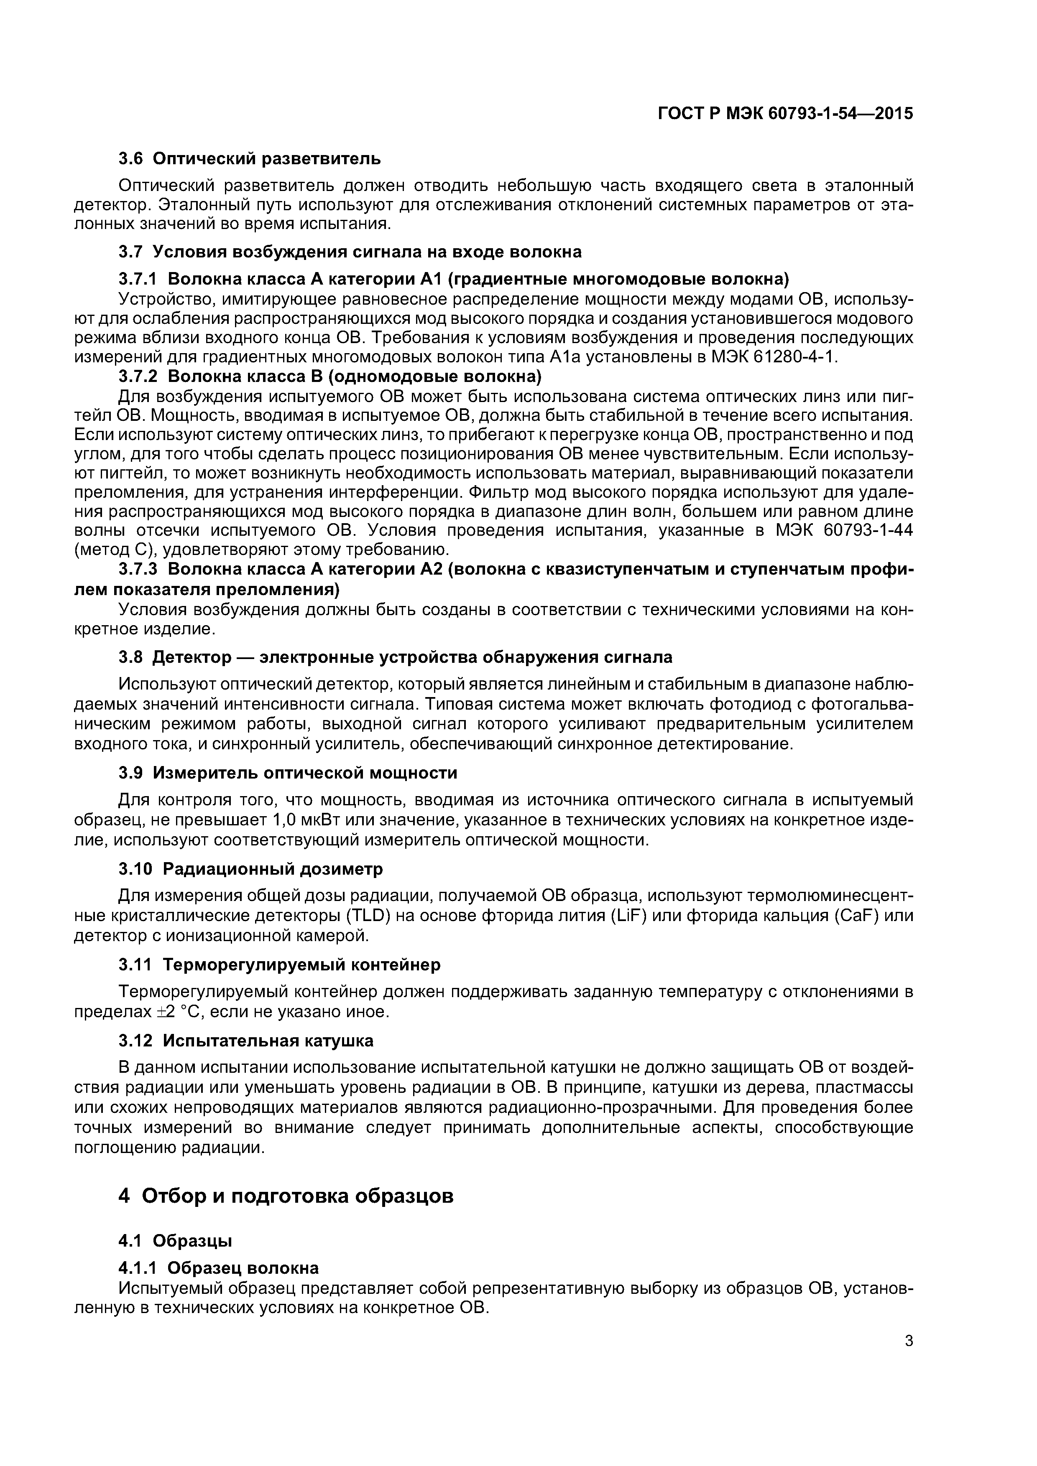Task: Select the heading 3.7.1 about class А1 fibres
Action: (x=454, y=279)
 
